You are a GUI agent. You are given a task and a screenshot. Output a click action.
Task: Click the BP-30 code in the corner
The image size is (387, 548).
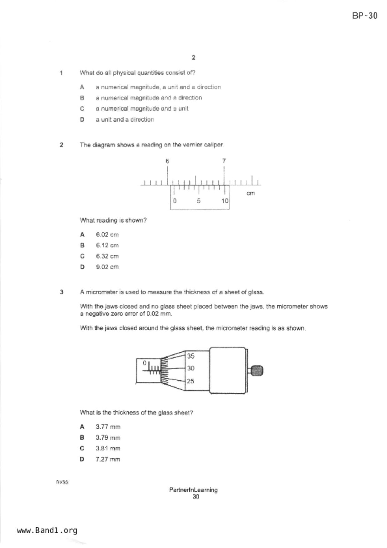coord(365,16)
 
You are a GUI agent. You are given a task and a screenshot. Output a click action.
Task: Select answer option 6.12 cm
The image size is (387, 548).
coord(107,246)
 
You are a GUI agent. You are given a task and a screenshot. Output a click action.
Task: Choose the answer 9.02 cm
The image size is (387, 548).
coord(107,267)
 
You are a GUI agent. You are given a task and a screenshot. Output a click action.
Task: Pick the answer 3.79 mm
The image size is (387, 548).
coord(108,438)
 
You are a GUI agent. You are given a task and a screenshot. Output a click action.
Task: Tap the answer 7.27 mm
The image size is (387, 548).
coord(108,459)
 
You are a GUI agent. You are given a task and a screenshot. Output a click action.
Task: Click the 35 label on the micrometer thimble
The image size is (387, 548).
coord(191,356)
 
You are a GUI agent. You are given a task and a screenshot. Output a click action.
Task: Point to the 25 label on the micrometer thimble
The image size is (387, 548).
coord(191,381)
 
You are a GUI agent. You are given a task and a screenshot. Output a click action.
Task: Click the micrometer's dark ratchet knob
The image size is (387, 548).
coord(257,371)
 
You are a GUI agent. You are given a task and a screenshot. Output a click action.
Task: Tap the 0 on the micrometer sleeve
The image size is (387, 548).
coord(144,363)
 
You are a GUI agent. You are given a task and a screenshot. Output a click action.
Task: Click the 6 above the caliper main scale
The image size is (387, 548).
coord(167,161)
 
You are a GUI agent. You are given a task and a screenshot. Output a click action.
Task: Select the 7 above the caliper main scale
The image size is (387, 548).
coord(224,161)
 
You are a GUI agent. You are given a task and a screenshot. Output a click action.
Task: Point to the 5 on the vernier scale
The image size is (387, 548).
coord(199,201)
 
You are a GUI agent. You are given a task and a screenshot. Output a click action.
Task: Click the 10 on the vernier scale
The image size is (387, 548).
coord(225,201)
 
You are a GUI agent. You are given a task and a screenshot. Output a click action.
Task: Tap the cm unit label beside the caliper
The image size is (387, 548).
coord(251,193)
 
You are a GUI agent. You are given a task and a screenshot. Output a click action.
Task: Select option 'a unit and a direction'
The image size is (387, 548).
coord(125,120)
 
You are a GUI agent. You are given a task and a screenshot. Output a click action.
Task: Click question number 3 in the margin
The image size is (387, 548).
coord(62,292)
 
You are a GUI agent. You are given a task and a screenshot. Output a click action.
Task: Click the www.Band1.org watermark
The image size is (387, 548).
coord(47,531)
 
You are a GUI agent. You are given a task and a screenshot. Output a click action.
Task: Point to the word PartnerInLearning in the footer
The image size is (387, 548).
coord(193,490)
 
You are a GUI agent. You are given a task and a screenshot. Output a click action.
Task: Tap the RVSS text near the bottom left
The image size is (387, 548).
coord(62,482)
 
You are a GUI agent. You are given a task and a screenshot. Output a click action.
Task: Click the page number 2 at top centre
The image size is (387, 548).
coord(194,57)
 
